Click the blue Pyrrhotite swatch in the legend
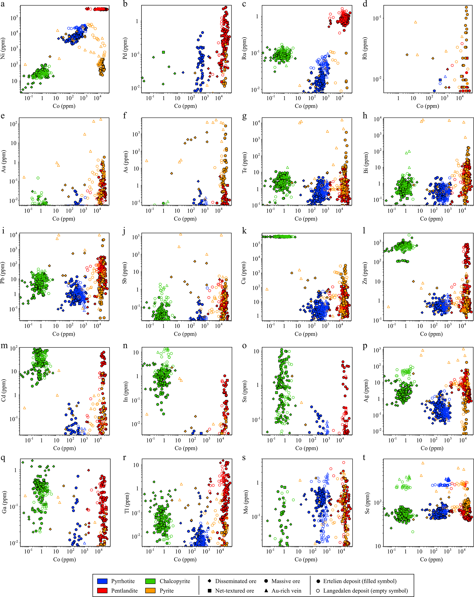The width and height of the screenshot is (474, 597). tap(102, 581)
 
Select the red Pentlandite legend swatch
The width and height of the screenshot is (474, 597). tap(102, 590)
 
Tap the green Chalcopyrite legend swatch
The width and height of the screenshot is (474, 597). tap(150, 581)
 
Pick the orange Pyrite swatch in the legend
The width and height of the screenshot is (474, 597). tap(150, 590)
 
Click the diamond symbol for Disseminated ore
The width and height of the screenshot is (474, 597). tap(210, 581)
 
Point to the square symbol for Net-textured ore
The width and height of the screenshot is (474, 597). tap(210, 590)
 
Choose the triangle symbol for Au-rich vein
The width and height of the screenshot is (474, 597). tap(266, 590)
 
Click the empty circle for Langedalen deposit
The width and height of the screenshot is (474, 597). tap(318, 590)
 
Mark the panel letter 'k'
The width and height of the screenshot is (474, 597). tap(244, 230)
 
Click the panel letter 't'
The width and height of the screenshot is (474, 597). tap(364, 457)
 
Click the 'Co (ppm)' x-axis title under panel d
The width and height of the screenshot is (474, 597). tap(427, 106)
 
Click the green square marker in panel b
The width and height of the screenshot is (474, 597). tap(164, 52)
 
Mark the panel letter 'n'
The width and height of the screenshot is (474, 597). tap(125, 346)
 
